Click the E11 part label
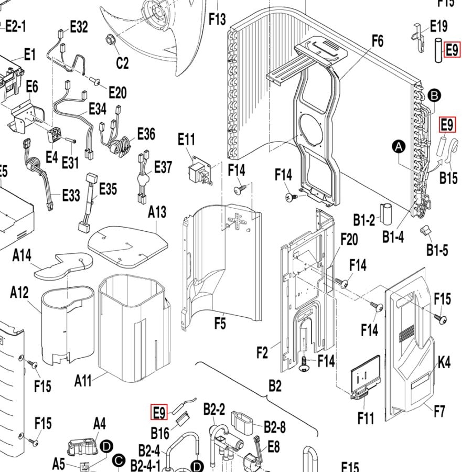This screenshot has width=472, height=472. [x=186, y=140]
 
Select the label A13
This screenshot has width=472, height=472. [x=157, y=212]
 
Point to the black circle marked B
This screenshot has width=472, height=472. [x=434, y=95]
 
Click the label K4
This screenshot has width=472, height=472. [x=444, y=362]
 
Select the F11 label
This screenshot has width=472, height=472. [x=366, y=418]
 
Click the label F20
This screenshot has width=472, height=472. [x=349, y=239]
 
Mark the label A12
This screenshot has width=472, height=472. [x=19, y=293]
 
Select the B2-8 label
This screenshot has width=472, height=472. [x=275, y=427]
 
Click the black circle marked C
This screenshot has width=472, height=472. [x=119, y=460]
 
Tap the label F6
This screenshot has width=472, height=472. [x=378, y=40]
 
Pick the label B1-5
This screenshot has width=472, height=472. [x=437, y=250]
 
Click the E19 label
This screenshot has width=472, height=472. [x=438, y=26]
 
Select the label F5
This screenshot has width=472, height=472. [x=220, y=324]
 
